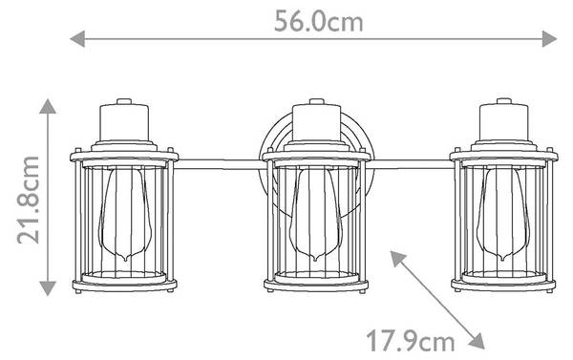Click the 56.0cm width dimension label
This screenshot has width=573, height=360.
[x=318, y=22]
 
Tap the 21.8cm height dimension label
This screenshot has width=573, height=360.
[x=28, y=200]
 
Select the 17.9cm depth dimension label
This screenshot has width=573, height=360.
[x=411, y=341]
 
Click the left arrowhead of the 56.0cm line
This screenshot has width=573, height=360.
[x=77, y=39]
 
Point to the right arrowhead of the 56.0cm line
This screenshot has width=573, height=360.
[x=549, y=39]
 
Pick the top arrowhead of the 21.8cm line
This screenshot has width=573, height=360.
[x=48, y=106]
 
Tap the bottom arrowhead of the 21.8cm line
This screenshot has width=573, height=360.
[x=48, y=288]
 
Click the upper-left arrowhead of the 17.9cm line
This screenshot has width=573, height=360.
[x=397, y=258]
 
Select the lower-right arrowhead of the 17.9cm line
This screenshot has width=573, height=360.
[x=477, y=341]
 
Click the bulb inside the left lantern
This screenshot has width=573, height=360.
[x=125, y=214]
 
